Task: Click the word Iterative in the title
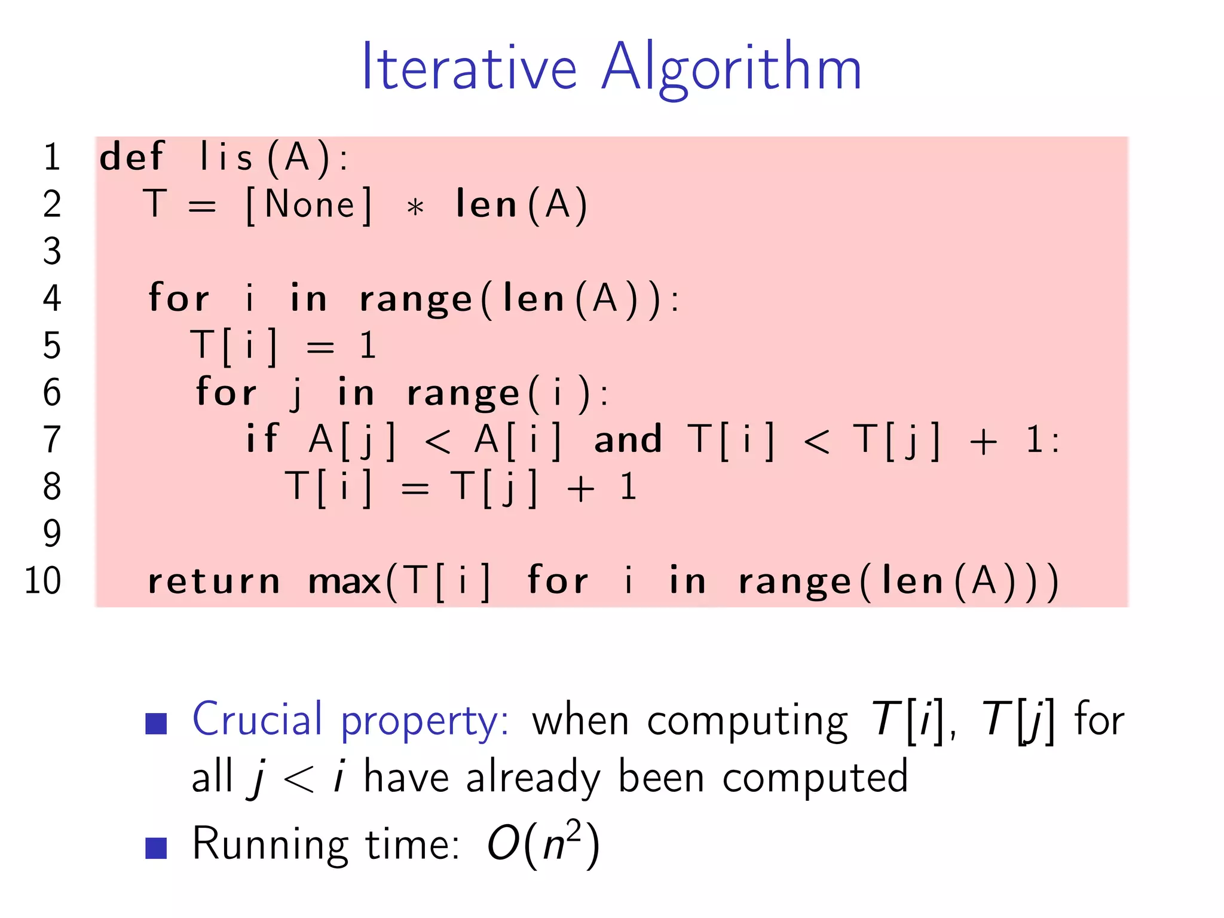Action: coord(469,67)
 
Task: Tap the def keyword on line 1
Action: coord(131,157)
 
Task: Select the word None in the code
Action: coord(310,205)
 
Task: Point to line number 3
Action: coord(52,251)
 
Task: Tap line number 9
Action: coord(52,533)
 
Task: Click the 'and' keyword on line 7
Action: coord(628,439)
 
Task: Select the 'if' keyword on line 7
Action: coord(262,439)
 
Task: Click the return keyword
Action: coord(213,582)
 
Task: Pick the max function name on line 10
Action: coord(345,582)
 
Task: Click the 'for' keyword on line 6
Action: coord(227,393)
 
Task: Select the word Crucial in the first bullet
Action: coord(257,719)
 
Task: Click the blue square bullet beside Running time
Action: coord(156,847)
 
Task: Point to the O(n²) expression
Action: coord(543,844)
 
